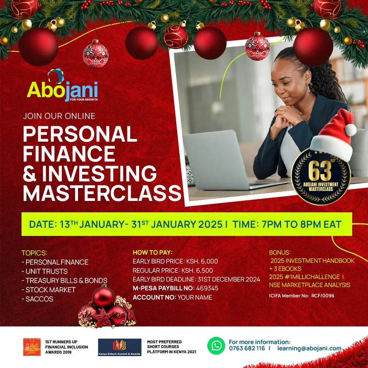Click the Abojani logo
coord(63,85)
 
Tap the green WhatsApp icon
coord(216,346)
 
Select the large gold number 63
coord(320,171)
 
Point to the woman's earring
coord(308,88)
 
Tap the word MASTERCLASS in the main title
coord(102,193)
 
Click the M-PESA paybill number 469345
coord(207,288)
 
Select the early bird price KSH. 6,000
coord(202,261)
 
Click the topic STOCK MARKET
coord(50,290)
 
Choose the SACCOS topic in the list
coord(39,299)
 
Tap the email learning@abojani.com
coord(309,348)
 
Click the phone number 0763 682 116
coord(247,348)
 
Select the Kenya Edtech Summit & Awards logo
coord(120,347)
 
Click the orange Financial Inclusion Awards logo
coord(32,347)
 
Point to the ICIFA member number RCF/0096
coord(323,296)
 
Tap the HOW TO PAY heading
coord(153,252)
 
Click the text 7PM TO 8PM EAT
coord(301,224)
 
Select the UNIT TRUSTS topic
coord(46,272)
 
